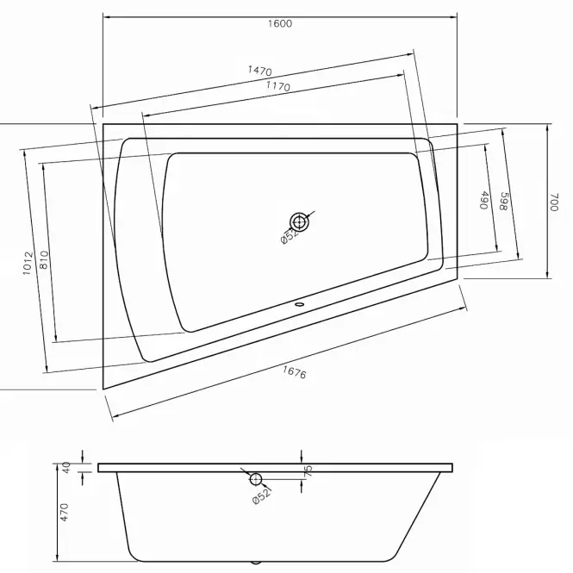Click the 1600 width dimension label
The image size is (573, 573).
pos(280,24)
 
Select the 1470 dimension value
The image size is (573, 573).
pos(260,70)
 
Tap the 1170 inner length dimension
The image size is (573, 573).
pos(278,86)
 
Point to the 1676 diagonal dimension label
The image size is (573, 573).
pos(294,372)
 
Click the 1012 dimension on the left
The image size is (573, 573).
pos(28,263)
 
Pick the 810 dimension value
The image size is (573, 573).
pos(43,259)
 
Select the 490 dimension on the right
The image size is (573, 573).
pos(484,200)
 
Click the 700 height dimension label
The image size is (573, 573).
pos(555,202)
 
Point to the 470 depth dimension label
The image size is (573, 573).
pos(65,513)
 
